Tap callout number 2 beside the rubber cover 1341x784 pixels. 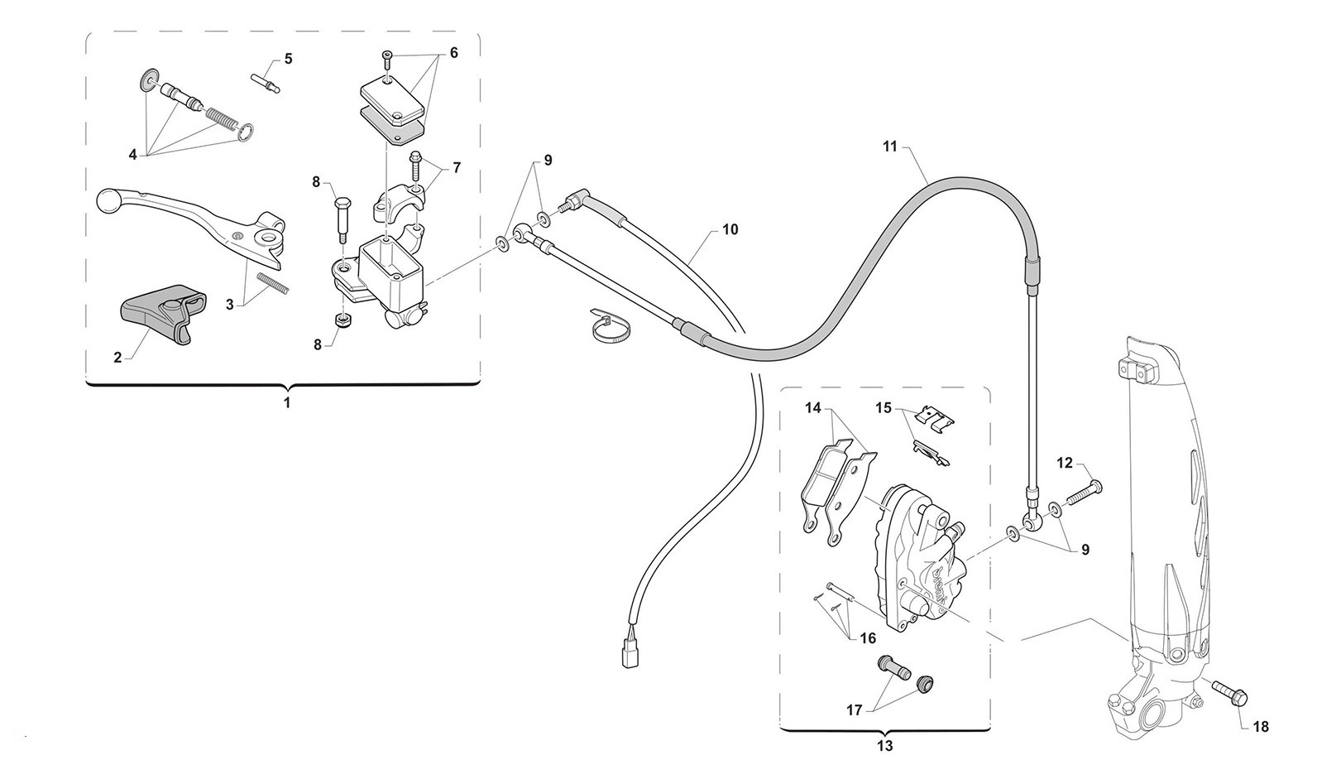tap(117, 358)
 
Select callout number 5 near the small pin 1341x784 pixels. tap(288, 59)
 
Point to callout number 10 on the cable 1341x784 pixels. tap(730, 229)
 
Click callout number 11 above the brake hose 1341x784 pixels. tap(889, 147)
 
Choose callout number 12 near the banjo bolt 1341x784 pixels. tap(1064, 463)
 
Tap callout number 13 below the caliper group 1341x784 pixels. tap(884, 746)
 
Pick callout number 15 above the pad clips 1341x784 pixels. tap(884, 408)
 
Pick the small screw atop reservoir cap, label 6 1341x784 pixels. tap(386, 59)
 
